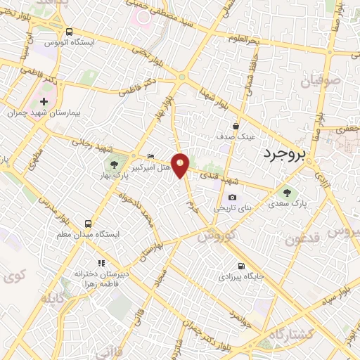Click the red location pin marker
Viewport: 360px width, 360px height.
(x=181, y=165)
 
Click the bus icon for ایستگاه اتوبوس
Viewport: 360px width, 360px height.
(x=70, y=32)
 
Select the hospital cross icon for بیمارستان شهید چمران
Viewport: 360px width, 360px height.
(x=44, y=101)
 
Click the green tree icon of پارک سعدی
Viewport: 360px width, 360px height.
(x=286, y=192)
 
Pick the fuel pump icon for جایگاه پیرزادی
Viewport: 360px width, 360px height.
(x=241, y=266)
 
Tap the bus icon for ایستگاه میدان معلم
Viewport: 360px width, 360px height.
(x=89, y=222)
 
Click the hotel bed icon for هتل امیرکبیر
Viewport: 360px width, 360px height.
(x=150, y=156)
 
